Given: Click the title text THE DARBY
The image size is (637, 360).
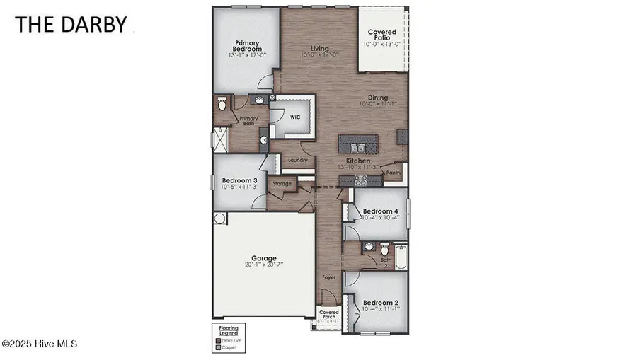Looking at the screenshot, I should click(x=71, y=24).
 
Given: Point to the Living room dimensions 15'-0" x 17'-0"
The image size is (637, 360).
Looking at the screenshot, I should click(x=316, y=54).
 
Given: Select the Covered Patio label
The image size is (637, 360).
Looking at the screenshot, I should click(x=382, y=36).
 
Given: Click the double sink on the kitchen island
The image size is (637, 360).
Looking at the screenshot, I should click(x=356, y=147).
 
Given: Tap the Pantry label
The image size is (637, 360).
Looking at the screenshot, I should click(x=394, y=172).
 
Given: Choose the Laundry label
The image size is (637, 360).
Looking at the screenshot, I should click(x=298, y=161).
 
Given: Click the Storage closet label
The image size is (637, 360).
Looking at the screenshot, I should click(x=283, y=185).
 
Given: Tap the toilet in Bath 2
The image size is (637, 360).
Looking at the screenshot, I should click(x=385, y=250).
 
